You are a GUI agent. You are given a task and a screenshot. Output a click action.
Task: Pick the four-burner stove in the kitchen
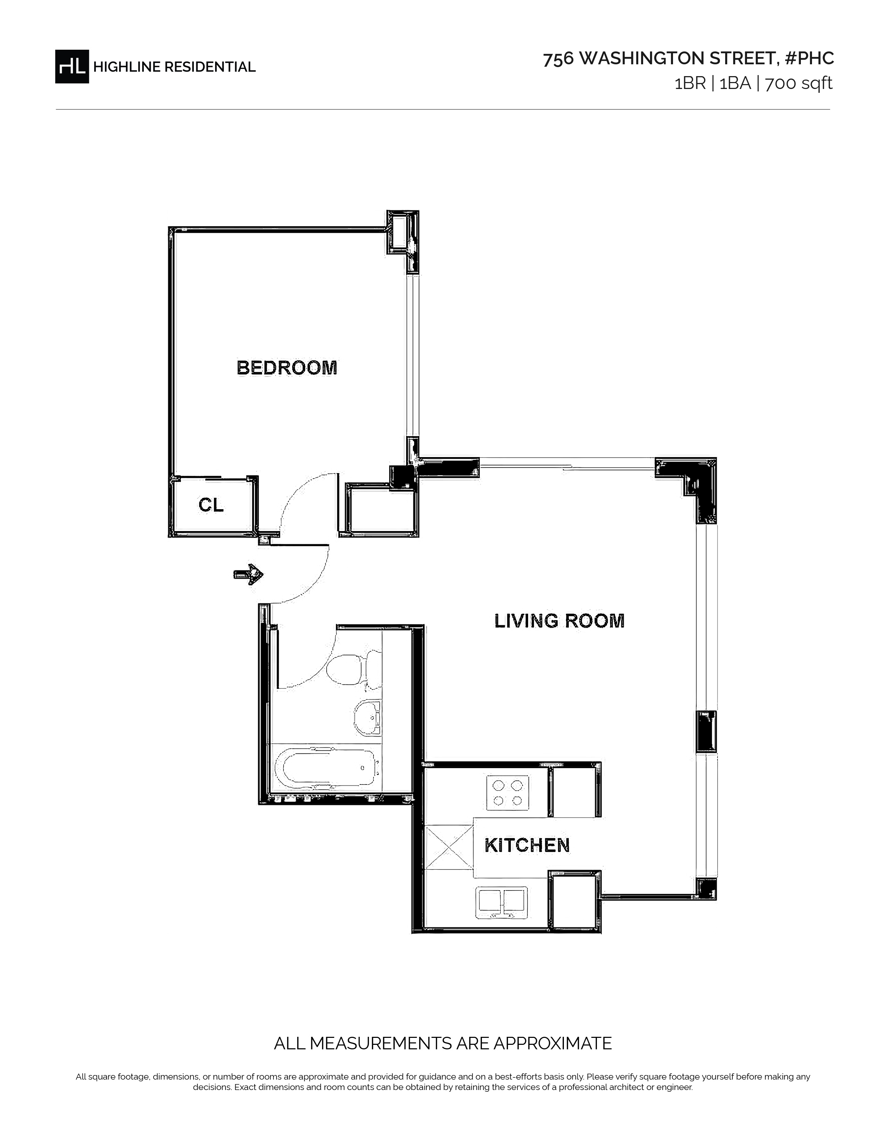pyautogui.click(x=508, y=792)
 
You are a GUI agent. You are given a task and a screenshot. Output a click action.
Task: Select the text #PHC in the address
pyautogui.click(x=809, y=58)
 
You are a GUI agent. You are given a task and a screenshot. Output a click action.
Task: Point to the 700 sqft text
pyautogui.click(x=799, y=83)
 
